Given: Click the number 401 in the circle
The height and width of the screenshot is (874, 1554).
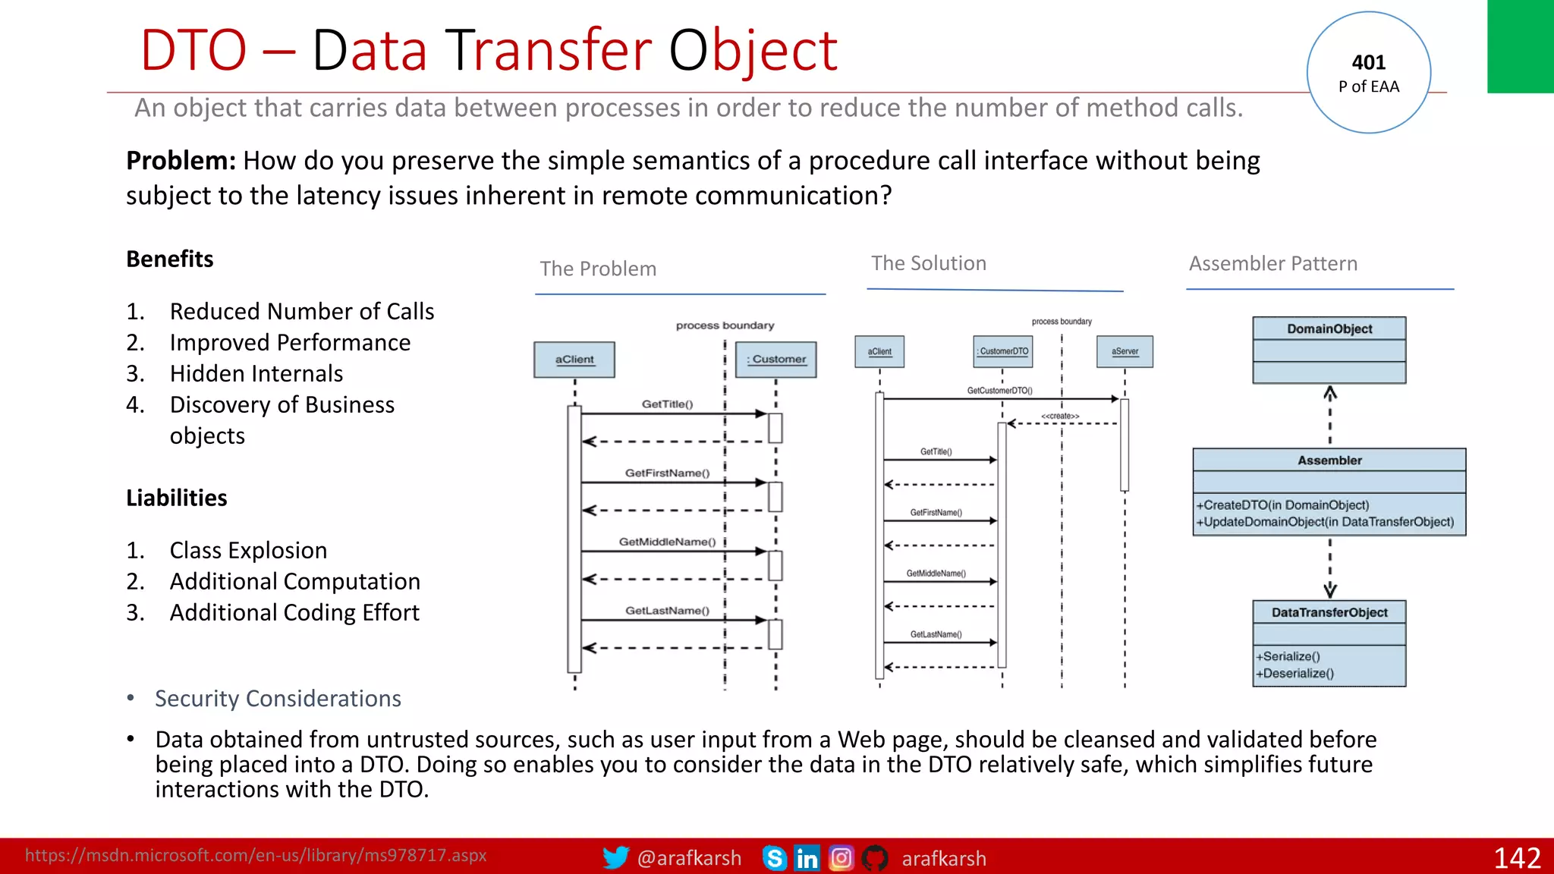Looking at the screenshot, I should coord(1368,62).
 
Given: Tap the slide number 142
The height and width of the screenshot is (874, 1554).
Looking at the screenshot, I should coord(1516,858).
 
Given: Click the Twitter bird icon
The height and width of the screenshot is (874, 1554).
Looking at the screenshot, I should coord(615,857).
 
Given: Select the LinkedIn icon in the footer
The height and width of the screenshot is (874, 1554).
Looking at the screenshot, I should coord(807,858).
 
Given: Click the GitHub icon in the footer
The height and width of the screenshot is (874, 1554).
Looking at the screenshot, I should coord(875,858).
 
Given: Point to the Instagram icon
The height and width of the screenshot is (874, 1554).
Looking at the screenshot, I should coord(841,858).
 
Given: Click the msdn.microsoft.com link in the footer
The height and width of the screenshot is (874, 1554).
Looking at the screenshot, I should coord(256,855).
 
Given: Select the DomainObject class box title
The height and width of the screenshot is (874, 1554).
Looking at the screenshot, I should coord(1329,329).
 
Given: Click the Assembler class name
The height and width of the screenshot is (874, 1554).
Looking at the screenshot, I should coord(1329,461).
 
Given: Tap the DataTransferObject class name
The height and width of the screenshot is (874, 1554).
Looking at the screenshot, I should coord(1329,612).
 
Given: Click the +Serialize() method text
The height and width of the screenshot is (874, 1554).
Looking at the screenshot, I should coord(1288,656).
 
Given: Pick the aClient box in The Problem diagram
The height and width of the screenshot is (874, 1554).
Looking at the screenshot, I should coord(574,360).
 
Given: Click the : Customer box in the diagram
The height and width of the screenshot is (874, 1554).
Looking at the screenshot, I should coord(776,360).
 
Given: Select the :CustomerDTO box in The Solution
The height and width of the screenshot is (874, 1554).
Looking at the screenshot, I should coord(1002,351).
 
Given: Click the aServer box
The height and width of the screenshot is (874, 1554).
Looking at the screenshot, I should coord(1125,351).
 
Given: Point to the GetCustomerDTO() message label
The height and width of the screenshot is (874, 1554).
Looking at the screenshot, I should coord(999,391).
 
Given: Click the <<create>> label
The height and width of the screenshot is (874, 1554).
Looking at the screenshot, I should coord(1059,416).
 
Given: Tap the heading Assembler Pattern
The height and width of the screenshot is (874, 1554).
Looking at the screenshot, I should coord(1272,263).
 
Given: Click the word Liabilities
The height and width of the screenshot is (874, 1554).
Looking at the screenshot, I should coord(176,498).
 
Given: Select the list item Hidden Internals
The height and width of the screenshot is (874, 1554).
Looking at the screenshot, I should coord(256,373).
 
